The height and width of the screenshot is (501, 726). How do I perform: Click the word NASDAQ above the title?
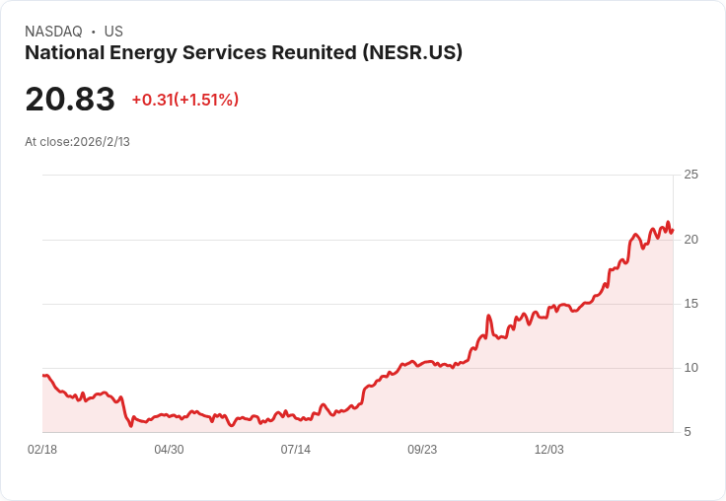pos(53,32)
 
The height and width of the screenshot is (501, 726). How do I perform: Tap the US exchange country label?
pos(113,32)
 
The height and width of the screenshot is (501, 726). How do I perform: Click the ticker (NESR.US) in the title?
pos(412,53)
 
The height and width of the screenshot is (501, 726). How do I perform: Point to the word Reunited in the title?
pos(314,52)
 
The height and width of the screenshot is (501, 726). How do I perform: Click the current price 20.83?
pos(70,99)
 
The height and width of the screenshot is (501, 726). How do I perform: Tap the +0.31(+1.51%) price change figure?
pos(185,100)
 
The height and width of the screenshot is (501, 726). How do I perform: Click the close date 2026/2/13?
pos(102,142)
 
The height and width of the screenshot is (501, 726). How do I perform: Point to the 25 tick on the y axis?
pos(690,175)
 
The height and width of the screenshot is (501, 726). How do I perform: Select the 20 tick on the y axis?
pos(690,240)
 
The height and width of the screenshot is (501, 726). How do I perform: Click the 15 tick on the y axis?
pos(690,304)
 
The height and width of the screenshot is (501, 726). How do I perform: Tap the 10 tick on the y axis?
pos(690,368)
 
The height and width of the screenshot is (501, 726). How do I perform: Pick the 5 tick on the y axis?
pos(688,432)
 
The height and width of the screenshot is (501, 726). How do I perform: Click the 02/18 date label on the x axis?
pos(42,450)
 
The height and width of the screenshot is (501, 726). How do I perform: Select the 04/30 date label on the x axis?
pos(169,450)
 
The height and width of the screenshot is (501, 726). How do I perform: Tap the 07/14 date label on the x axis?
pos(295,450)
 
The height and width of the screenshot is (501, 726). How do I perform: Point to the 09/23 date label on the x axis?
pos(422,450)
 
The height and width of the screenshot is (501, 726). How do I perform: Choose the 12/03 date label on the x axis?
pos(549,450)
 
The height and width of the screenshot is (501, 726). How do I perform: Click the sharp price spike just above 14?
pos(488,316)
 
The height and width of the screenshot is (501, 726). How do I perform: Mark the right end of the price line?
pos(673,230)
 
